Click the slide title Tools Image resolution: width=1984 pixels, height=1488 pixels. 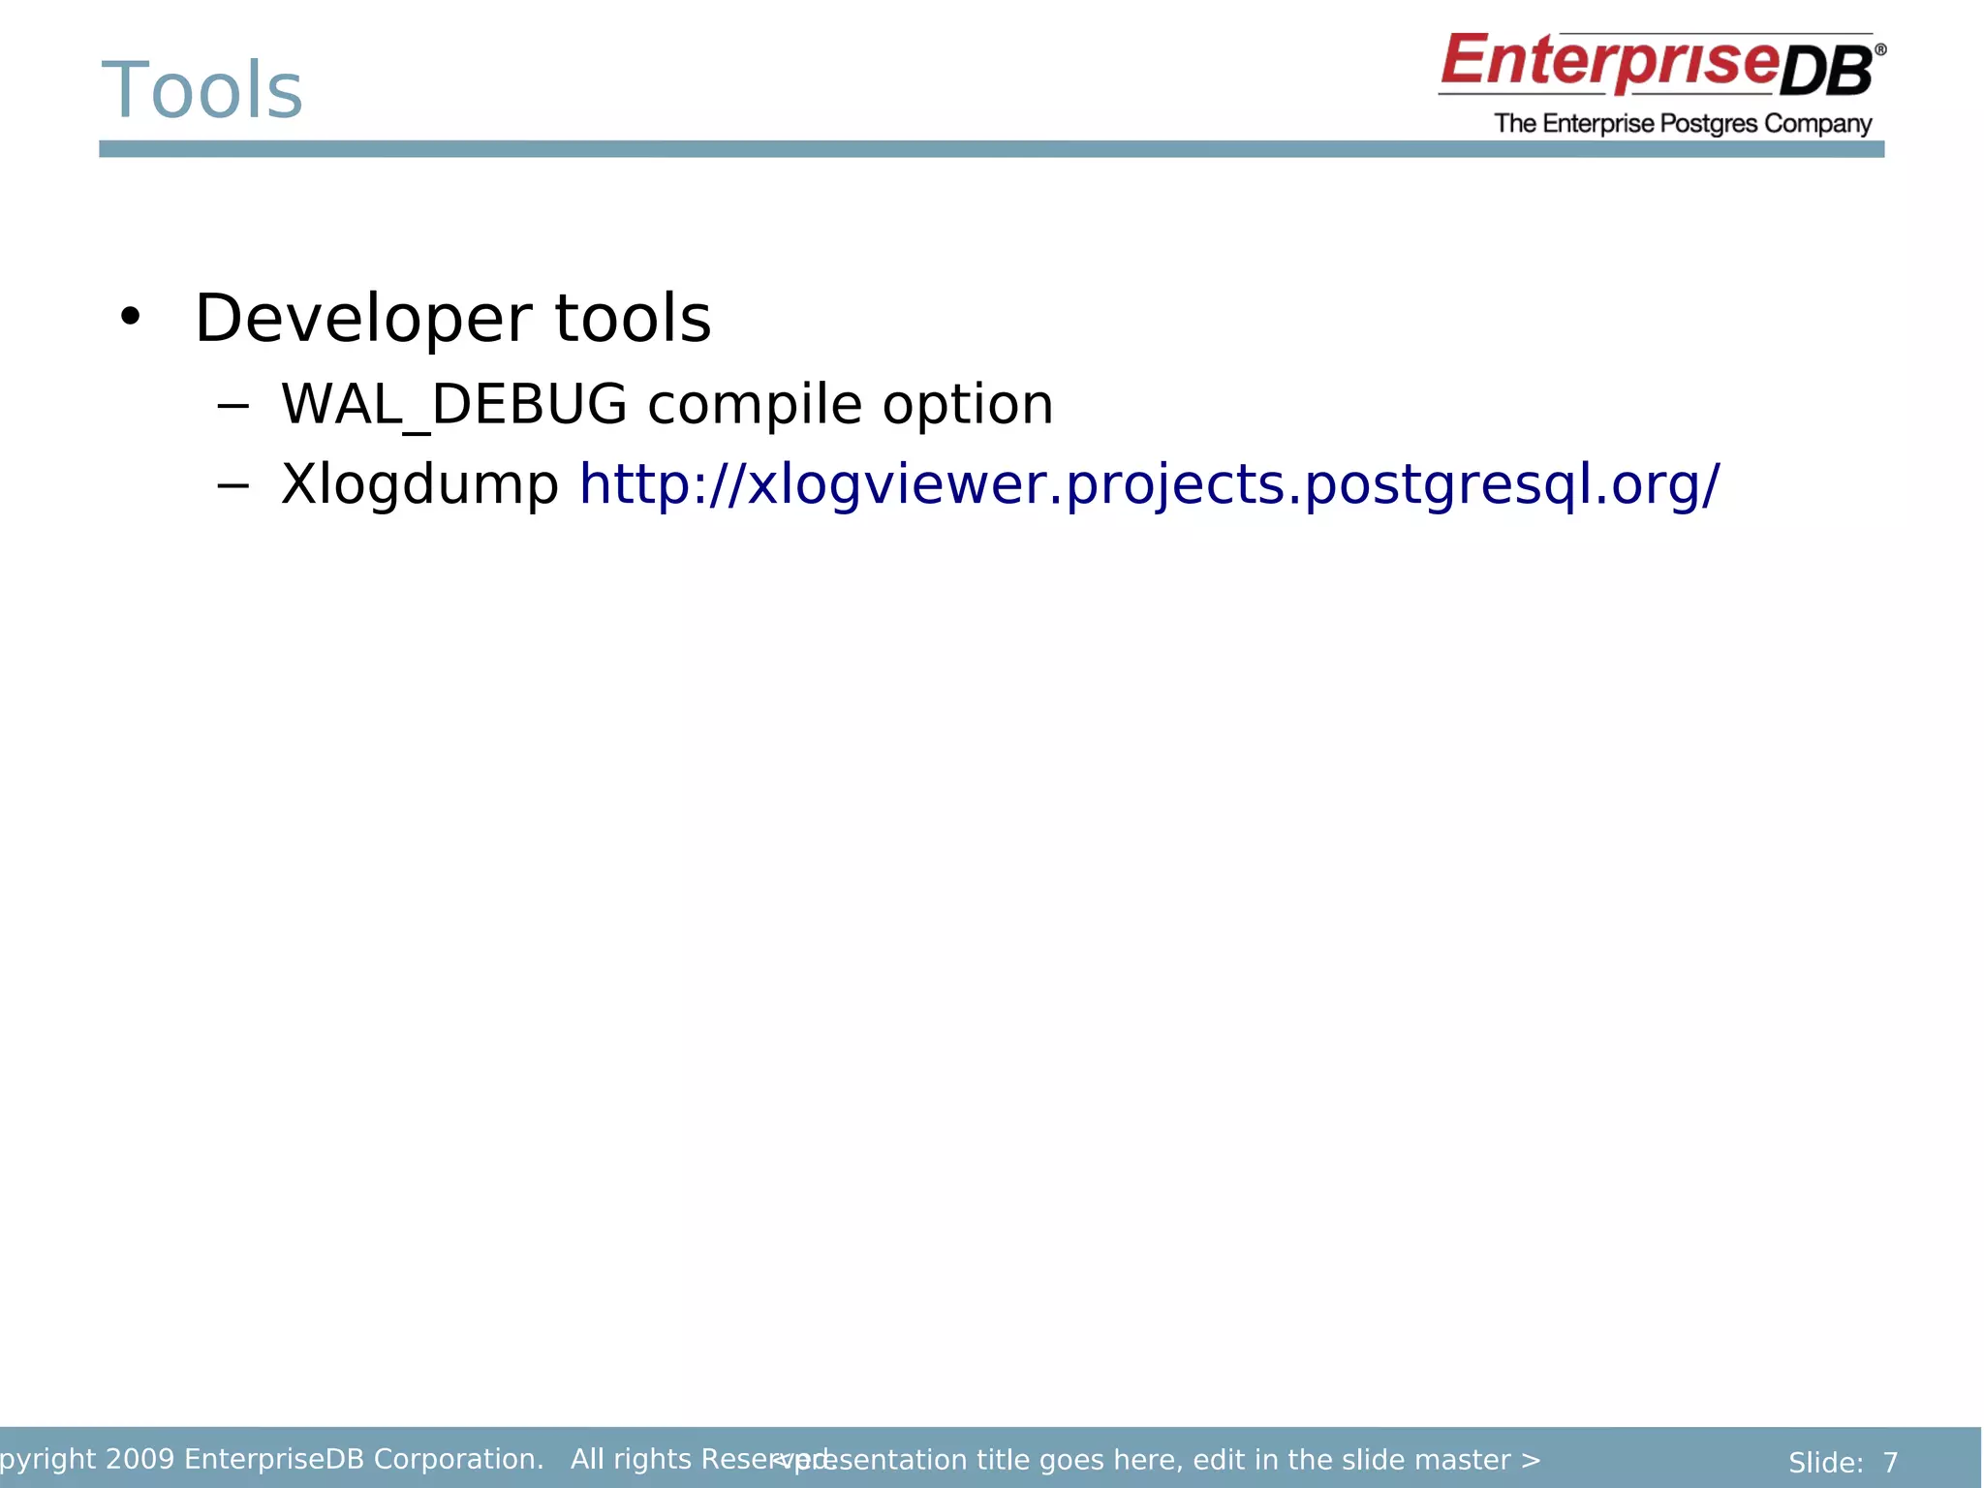[202, 90]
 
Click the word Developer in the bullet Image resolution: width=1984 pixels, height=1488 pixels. [362, 319]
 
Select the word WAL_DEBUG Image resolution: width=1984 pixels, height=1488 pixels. [453, 404]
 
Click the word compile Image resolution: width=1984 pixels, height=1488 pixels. [754, 404]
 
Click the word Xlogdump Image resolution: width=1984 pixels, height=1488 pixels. [419, 484]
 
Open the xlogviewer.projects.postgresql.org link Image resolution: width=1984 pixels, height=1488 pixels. [1148, 484]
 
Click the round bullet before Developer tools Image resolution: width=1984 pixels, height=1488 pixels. [130, 317]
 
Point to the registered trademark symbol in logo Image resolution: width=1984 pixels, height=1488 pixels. [1879, 49]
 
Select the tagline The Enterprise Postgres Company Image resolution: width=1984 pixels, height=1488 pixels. [1682, 124]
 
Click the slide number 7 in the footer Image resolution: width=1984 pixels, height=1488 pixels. [1890, 1462]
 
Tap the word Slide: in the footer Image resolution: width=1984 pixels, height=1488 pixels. [1825, 1462]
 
